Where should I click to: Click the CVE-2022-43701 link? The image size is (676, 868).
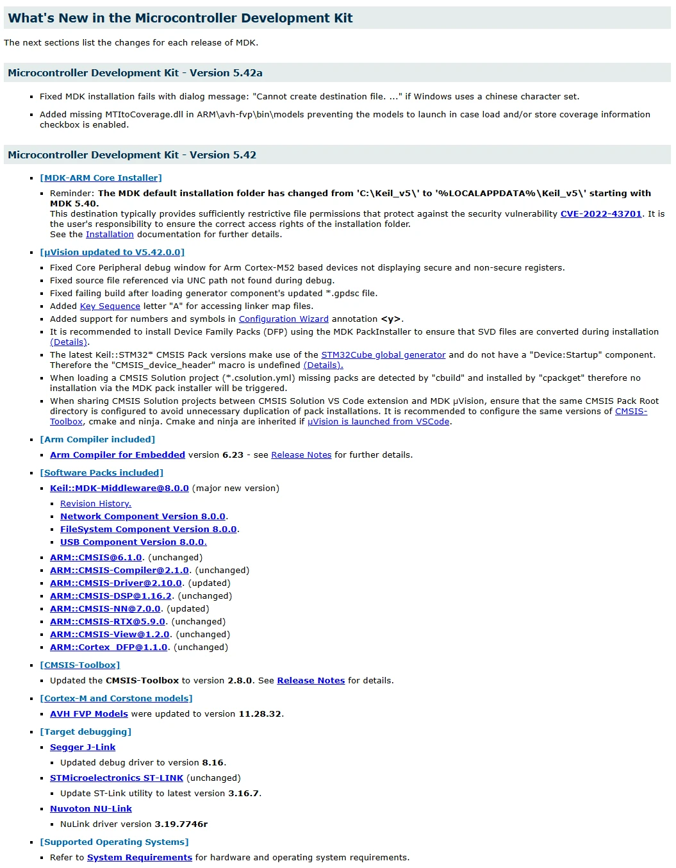pos(600,214)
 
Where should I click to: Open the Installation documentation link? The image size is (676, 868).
pos(110,235)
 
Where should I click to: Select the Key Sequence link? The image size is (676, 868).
pos(110,306)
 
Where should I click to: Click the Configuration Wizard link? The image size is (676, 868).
pos(283,319)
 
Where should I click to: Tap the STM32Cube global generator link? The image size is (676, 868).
pos(383,355)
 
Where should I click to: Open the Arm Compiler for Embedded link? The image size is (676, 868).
pos(117,455)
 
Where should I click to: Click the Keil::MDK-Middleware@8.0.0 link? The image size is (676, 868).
pos(119,488)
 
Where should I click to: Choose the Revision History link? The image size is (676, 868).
pos(95,504)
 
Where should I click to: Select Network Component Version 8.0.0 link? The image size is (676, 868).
pos(142,517)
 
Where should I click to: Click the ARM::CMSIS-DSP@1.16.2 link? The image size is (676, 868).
pos(111,596)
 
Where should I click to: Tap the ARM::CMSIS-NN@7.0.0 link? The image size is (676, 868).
pos(105,609)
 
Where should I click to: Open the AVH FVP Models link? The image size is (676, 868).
pos(89,714)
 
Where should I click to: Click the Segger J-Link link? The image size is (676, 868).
pos(83,747)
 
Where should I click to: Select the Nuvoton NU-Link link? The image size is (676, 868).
pos(91,809)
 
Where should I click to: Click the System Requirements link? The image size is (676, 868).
pos(140,858)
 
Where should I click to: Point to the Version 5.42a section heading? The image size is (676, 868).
pos(135,73)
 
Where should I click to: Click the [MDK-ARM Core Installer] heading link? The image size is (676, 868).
pos(101,178)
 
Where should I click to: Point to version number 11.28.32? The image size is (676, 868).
pos(260,714)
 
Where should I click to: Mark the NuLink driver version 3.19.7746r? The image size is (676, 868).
pos(181,824)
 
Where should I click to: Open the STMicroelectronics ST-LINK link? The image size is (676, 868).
pos(117,778)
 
